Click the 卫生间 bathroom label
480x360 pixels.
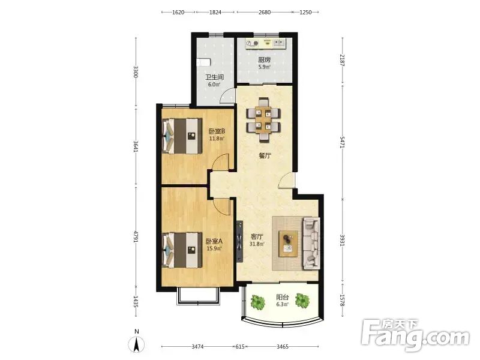click(214, 77)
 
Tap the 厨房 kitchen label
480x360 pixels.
click(264, 59)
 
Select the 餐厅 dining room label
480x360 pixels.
click(265, 156)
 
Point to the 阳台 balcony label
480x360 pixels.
click(282, 297)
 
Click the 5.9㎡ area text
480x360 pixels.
click(264, 67)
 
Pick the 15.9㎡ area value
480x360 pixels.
click(214, 248)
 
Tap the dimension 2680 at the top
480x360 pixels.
click(265, 12)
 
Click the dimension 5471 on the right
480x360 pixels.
click(342, 142)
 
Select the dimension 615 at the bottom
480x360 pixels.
click(240, 347)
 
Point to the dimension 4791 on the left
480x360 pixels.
click(136, 237)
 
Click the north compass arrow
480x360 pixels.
click(137, 344)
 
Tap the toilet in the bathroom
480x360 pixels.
click(203, 62)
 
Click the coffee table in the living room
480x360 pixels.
click(288, 244)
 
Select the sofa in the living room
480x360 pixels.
click(311, 244)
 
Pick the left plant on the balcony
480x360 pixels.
click(258, 302)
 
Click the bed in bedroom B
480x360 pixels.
click(182, 136)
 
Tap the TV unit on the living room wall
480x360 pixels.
click(239, 242)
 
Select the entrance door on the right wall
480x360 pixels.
click(287, 180)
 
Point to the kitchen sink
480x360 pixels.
click(279, 43)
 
